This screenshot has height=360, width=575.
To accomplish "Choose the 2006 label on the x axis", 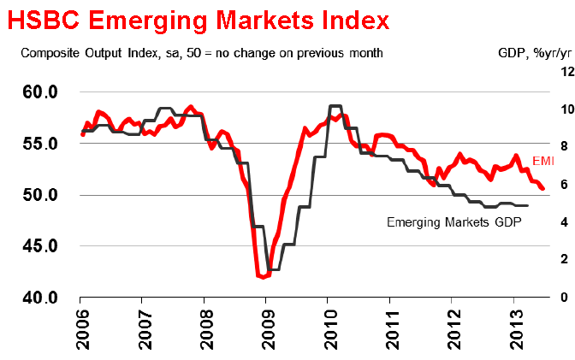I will [x=80, y=328].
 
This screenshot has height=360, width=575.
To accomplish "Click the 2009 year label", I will [x=265, y=328].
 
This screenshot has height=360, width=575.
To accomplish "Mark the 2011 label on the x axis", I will [x=389, y=328].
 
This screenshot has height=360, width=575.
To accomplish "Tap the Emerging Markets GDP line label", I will [x=454, y=221].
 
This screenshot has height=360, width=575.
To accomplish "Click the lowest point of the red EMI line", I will [x=262, y=277].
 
